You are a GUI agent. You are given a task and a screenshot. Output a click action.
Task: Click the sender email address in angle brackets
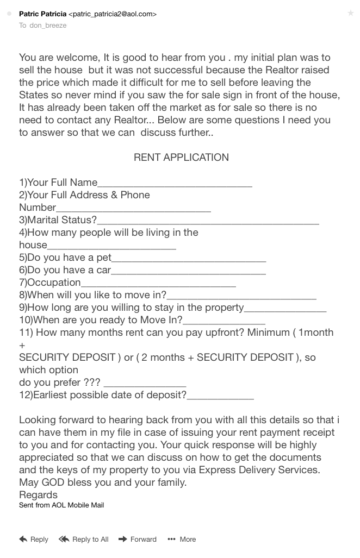pyautogui.click(x=113, y=14)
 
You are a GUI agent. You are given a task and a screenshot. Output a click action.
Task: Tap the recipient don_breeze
pyautogui.click(x=48, y=26)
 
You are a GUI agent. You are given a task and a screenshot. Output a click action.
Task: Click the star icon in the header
pyautogui.click(x=350, y=13)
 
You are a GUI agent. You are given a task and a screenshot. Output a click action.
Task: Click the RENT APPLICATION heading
pyautogui.click(x=181, y=158)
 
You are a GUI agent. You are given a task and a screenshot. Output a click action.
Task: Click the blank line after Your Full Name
pyautogui.click(x=175, y=184)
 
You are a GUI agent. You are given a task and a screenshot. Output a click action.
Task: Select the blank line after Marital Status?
pyautogui.click(x=208, y=221)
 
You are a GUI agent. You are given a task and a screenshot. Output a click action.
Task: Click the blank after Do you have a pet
pyautogui.click(x=188, y=259)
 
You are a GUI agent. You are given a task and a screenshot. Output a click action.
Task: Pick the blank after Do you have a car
pyautogui.click(x=188, y=271)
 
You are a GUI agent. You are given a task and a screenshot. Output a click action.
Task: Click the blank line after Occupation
pyautogui.click(x=158, y=284)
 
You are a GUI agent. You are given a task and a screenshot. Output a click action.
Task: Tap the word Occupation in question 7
pyautogui.click(x=54, y=283)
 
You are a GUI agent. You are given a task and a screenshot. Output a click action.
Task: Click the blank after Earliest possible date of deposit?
pyautogui.click(x=220, y=396)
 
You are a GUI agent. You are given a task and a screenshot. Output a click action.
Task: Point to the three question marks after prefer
pyautogui.click(x=90, y=383)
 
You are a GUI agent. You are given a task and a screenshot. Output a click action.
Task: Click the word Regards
pyautogui.click(x=38, y=495)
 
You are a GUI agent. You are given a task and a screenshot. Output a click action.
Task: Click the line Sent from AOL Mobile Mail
pyautogui.click(x=61, y=505)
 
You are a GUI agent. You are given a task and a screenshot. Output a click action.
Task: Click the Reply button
pyautogui.click(x=34, y=540)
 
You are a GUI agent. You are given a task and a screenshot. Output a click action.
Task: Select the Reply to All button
pyautogui.click(x=84, y=540)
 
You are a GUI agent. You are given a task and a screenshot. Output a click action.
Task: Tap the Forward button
pyautogui.click(x=137, y=540)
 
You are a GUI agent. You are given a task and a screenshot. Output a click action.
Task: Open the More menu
pyautogui.click(x=182, y=540)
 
